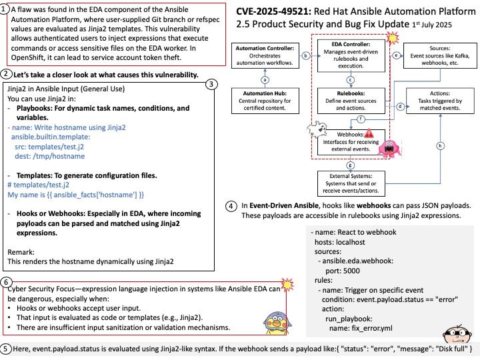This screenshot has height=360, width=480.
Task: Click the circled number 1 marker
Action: click(4, 9)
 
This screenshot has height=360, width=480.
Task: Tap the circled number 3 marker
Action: click(211, 84)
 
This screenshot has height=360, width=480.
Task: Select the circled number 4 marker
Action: click(231, 206)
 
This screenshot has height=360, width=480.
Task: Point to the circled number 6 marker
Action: click(6, 282)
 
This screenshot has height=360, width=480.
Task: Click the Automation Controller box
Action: click(265, 55)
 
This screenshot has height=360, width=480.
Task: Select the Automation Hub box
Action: click(265, 101)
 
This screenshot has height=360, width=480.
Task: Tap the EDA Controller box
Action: click(351, 55)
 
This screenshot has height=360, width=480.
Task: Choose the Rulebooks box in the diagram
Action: click(351, 101)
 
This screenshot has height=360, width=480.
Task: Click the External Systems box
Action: click(351, 183)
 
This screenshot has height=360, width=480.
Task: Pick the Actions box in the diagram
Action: click(440, 101)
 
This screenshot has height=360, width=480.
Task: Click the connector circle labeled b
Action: click(306, 56)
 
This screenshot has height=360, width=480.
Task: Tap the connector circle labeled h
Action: click(440, 146)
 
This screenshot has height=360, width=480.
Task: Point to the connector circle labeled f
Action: click(361, 119)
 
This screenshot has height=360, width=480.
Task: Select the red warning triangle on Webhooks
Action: click(369, 133)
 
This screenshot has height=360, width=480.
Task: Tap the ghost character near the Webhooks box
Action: click(317, 129)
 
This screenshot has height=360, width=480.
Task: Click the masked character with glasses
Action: click(456, 334)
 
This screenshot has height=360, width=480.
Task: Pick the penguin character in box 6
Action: click(277, 323)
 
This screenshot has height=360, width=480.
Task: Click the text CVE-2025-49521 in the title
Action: click(273, 11)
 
